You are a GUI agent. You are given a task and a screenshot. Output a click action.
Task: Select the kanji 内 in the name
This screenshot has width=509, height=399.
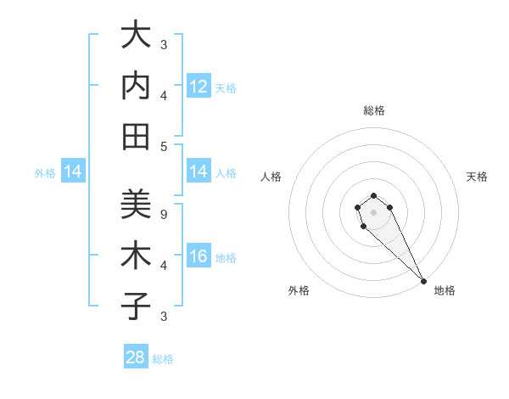click(136, 87)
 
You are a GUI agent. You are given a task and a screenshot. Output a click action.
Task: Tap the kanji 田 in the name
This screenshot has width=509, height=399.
click(136, 137)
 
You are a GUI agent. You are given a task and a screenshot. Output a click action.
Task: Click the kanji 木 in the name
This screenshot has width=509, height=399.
click(136, 256)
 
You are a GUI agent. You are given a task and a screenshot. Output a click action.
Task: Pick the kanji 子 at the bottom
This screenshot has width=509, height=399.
click(136, 306)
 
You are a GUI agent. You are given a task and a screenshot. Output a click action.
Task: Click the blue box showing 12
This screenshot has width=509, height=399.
click(199, 87)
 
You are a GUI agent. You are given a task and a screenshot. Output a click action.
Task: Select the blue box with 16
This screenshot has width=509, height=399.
click(199, 257)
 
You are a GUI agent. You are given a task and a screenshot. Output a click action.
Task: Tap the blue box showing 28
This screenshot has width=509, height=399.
click(136, 357)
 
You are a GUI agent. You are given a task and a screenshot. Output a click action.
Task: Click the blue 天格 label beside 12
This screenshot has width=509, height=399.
click(226, 88)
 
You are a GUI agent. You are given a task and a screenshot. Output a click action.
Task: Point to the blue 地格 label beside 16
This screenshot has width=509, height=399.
click(226, 258)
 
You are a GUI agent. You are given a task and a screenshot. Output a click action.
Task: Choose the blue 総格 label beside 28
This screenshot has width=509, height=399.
click(163, 359)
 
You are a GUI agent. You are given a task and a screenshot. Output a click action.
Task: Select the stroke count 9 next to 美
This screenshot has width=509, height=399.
click(163, 214)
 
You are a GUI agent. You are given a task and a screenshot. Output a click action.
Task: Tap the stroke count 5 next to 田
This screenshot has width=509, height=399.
click(163, 146)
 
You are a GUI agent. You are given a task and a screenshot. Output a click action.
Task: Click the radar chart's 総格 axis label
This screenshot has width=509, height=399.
click(374, 110)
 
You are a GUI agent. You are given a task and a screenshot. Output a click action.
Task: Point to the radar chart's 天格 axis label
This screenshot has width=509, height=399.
click(478, 177)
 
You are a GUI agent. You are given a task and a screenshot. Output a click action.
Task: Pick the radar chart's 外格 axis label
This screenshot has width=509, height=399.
click(299, 290)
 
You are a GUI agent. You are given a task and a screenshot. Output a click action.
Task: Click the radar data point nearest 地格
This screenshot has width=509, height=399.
click(423, 281)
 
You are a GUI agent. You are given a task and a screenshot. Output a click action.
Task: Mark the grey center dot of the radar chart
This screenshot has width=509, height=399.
click(373, 212)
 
